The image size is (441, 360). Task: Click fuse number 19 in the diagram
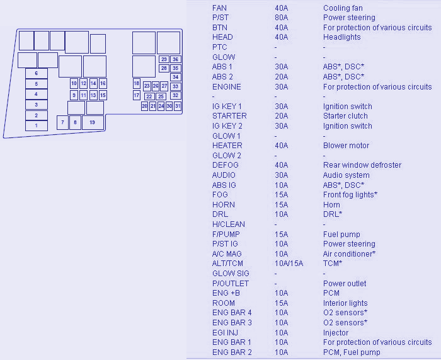click(93, 122)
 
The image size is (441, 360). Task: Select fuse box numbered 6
click(36, 73)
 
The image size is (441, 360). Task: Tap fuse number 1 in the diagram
click(36, 125)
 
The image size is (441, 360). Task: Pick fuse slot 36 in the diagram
click(175, 59)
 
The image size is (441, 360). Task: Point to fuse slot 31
click(178, 107)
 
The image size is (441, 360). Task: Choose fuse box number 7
click(62, 122)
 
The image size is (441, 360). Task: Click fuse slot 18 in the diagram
click(137, 83)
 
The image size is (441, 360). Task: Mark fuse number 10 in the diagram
click(74, 83)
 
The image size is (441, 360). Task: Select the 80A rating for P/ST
click(281, 18)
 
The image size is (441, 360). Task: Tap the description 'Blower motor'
click(346, 146)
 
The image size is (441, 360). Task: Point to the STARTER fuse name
click(229, 116)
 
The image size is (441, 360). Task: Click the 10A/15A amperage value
click(289, 264)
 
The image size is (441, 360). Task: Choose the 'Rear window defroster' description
click(362, 165)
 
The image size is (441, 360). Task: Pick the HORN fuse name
click(224, 205)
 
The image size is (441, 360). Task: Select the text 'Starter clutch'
click(346, 116)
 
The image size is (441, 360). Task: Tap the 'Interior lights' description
click(345, 303)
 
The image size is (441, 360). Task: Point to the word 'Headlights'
click(342, 37)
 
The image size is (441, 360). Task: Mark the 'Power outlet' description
click(345, 284)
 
